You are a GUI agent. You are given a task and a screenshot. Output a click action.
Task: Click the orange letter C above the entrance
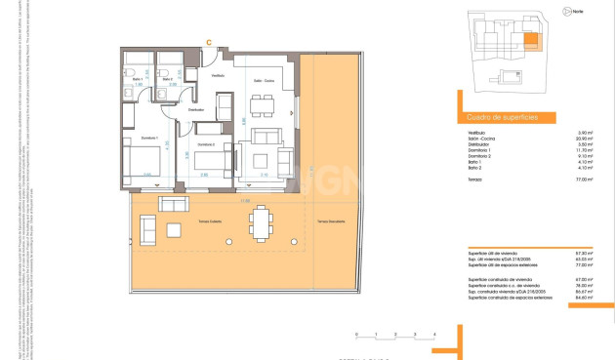point(209,41)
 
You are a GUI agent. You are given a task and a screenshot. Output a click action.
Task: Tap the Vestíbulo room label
point(219,75)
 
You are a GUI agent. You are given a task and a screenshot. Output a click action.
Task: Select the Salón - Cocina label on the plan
point(265,81)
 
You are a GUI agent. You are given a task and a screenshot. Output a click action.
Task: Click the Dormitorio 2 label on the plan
point(204,143)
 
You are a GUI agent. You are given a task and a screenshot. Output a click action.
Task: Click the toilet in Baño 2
point(167,71)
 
